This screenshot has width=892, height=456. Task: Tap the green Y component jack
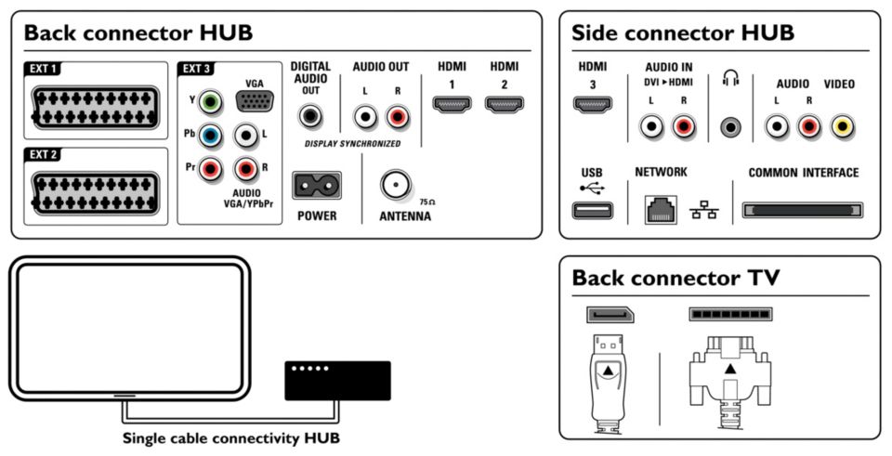pos(212,100)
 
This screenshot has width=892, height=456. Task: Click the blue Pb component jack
pos(212,137)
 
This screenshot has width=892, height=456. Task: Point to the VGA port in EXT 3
pos(254,101)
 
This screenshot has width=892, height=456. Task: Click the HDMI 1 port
pos(452,104)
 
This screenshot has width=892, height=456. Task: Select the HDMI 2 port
pos(504,104)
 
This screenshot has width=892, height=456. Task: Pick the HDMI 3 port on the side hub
pos(593,104)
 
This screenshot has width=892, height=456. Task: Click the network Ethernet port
pos(661,210)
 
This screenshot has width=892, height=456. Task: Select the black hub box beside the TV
pos(337,379)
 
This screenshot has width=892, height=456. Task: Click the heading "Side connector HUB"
pos(683,33)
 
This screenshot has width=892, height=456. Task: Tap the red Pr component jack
pos(212,169)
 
